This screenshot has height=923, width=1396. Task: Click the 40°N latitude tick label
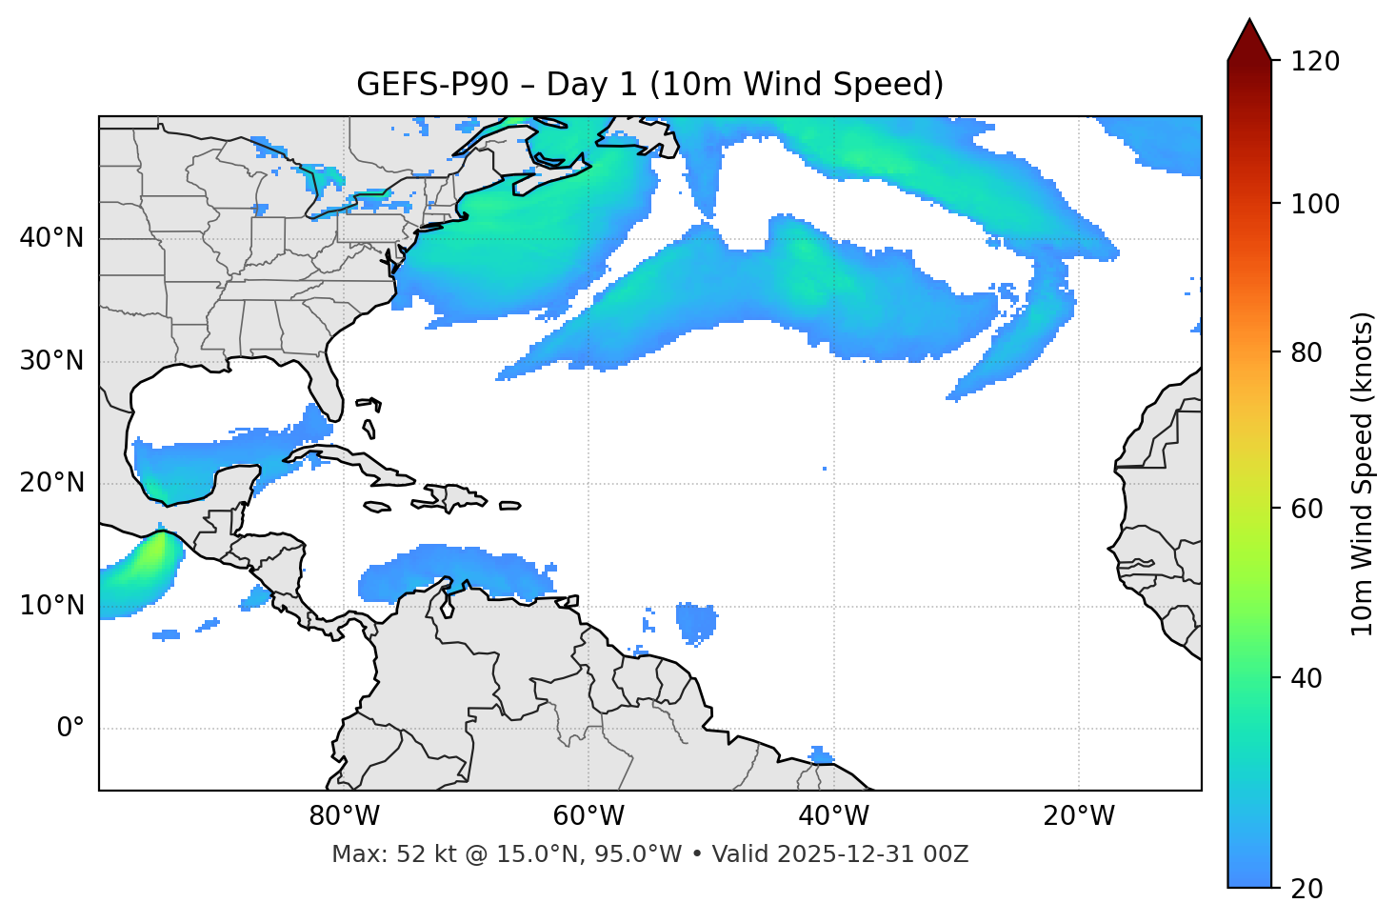pos(51,238)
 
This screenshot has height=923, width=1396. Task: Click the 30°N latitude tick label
pos(51,361)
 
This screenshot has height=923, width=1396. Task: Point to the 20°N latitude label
pos(51,483)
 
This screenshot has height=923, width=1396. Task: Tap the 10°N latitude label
pos(51,606)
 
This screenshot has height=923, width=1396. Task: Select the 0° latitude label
pos(70,729)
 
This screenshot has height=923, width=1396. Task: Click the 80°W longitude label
pos(344,816)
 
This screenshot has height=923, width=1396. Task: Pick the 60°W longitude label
pos(588,816)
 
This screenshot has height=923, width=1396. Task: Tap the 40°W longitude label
pos(833,816)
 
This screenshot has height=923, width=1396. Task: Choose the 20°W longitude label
pos(1078,816)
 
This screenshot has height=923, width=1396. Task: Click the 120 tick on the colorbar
pos(1315,61)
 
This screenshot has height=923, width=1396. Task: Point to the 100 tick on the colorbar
pos(1315,204)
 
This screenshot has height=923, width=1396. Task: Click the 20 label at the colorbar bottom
pos(1306,889)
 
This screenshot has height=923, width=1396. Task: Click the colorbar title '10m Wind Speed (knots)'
pos(1363,473)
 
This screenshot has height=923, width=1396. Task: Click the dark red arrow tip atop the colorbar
pos(1249,38)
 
